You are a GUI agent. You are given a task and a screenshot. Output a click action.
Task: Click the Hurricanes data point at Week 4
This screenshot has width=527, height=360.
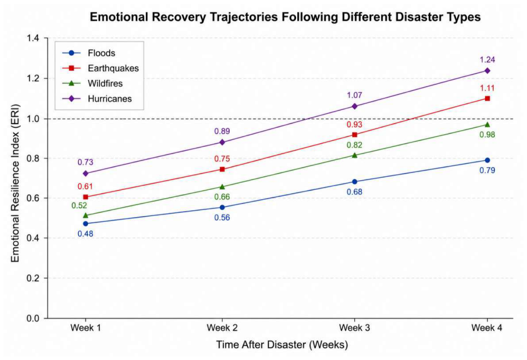(487, 71)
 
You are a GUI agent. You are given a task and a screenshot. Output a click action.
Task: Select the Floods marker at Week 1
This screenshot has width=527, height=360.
(85, 223)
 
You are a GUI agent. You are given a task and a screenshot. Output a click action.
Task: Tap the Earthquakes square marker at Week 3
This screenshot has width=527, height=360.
(354, 135)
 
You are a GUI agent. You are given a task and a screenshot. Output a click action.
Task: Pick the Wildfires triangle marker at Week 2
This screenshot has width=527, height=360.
(222, 187)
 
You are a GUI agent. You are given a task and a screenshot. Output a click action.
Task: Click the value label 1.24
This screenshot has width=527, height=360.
(487, 60)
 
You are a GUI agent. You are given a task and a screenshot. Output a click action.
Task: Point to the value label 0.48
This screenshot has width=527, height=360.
(85, 234)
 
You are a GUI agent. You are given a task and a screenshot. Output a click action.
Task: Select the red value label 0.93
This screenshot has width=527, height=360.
(354, 124)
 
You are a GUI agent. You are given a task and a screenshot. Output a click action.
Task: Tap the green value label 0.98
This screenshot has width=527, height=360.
(487, 135)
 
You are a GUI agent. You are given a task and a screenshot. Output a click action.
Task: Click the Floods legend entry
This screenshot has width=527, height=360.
(89, 53)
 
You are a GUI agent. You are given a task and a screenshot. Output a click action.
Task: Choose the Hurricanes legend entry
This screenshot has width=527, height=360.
(97, 99)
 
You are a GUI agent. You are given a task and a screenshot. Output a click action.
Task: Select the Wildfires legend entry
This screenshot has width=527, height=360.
(93, 83)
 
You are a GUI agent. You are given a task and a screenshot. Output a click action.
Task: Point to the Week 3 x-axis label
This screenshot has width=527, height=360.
(354, 328)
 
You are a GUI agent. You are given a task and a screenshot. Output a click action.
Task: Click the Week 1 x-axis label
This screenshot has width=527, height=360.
(85, 328)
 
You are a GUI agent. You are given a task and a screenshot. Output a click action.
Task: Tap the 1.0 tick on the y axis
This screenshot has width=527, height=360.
(33, 119)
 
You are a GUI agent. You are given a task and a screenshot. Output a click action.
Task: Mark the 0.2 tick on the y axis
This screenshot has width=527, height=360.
(33, 278)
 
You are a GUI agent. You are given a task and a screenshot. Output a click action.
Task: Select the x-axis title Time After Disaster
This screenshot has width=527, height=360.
(261, 345)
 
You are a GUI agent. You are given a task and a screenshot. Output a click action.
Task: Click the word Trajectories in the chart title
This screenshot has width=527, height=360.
(242, 17)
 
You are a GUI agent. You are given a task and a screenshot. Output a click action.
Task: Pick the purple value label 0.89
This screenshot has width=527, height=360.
(222, 131)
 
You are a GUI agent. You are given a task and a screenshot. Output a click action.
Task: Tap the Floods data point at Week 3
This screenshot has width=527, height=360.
(354, 181)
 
